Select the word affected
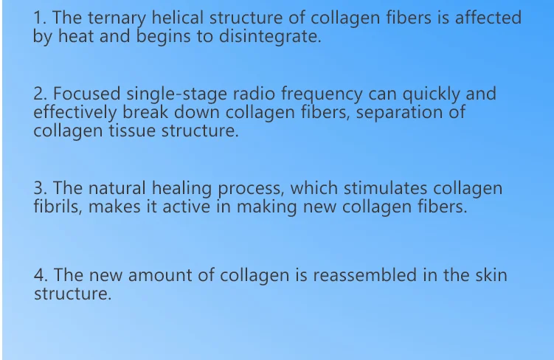pyautogui.click(x=488, y=18)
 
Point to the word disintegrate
pyautogui.click(x=270, y=36)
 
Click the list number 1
pyautogui.click(x=40, y=18)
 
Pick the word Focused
pyautogui.click(x=87, y=94)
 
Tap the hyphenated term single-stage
pyautogui.click(x=176, y=94)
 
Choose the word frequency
pyautogui.click(x=322, y=94)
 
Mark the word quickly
pyautogui.click(x=432, y=94)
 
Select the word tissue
pyautogui.click(x=132, y=131)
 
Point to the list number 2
pyautogui.click(x=41, y=94)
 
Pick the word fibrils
pyautogui.click(x=58, y=207)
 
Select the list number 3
pyautogui.click(x=41, y=188)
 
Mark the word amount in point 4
pyautogui.click(x=160, y=275)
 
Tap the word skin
pyautogui.click(x=491, y=275)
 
